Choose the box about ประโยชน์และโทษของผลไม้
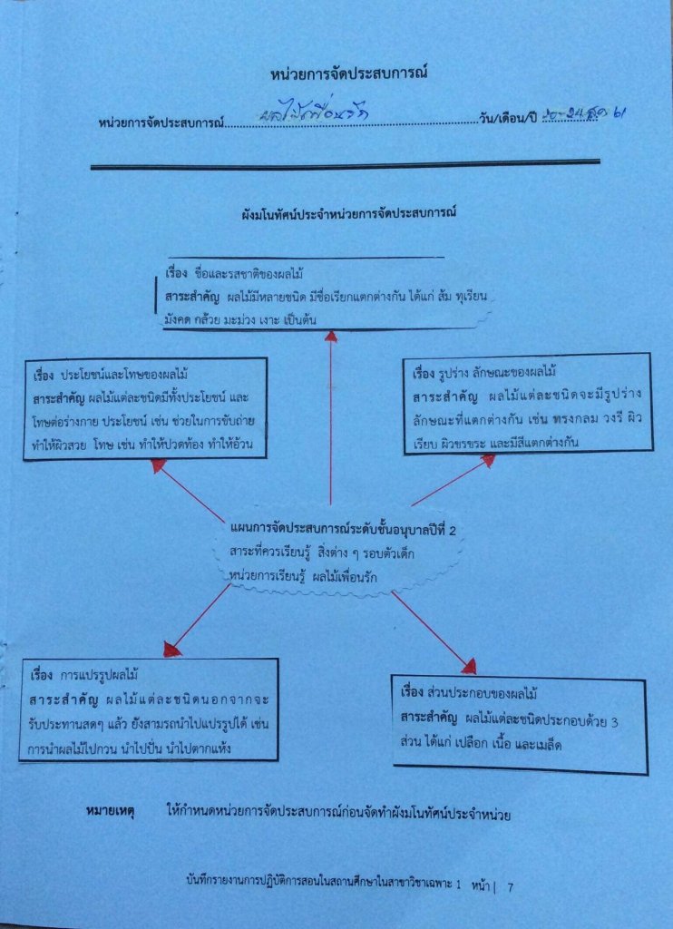(145, 408)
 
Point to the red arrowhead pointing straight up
(331, 337)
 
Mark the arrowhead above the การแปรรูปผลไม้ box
(172, 648)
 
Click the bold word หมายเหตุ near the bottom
(110, 814)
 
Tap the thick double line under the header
(346, 165)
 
